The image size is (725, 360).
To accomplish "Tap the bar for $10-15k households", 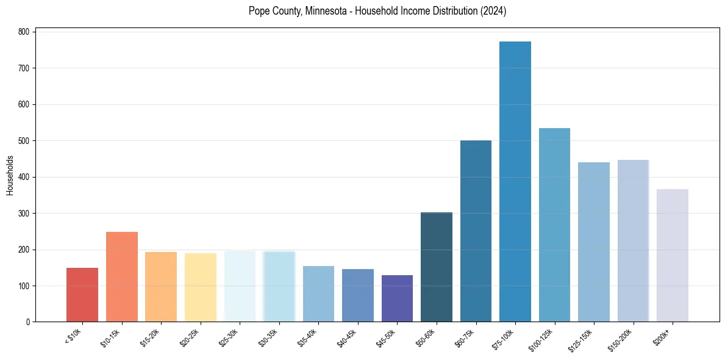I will click(x=122, y=277).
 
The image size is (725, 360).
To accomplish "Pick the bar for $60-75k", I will click(x=476, y=231).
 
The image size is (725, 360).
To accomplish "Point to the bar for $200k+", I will click(x=673, y=256).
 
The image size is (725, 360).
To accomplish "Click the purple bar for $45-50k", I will click(x=397, y=298).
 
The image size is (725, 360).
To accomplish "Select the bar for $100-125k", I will click(x=554, y=225).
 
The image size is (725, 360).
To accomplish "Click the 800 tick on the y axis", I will click(x=26, y=32).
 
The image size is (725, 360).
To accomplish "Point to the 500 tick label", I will click(x=26, y=141).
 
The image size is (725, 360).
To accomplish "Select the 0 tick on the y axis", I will click(x=29, y=322).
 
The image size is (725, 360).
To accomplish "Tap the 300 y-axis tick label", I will click(x=26, y=214).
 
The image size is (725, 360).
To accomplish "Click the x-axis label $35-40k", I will click(x=310, y=337).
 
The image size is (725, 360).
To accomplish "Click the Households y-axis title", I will click(x=10, y=176).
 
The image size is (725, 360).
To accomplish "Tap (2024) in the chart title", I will click(x=493, y=11).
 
